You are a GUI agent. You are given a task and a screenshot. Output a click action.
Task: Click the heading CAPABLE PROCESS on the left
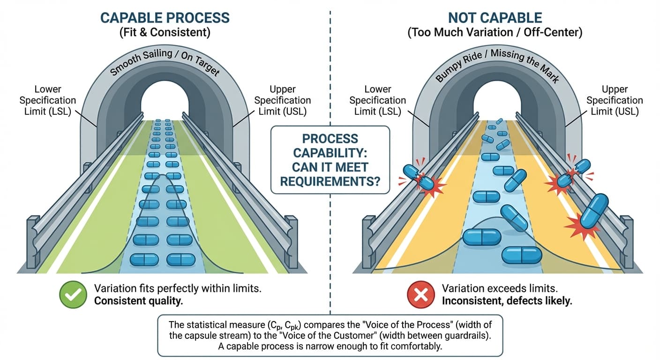click(x=165, y=18)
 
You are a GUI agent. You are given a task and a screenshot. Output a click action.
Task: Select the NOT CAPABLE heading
click(x=495, y=18)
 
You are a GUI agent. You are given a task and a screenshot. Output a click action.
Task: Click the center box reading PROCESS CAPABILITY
click(x=330, y=159)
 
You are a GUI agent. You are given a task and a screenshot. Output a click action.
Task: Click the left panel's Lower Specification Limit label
click(x=48, y=100)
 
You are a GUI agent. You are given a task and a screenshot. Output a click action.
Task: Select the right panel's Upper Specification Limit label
click(x=615, y=100)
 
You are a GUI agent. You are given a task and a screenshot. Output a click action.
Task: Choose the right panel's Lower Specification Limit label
click(x=378, y=100)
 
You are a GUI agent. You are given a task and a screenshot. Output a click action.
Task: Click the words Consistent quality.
click(x=138, y=301)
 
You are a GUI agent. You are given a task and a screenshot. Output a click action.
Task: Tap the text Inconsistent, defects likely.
click(x=507, y=301)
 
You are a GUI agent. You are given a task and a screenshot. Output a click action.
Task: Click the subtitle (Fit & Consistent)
click(x=165, y=34)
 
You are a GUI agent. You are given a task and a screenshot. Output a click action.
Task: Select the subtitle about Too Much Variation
click(x=495, y=34)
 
